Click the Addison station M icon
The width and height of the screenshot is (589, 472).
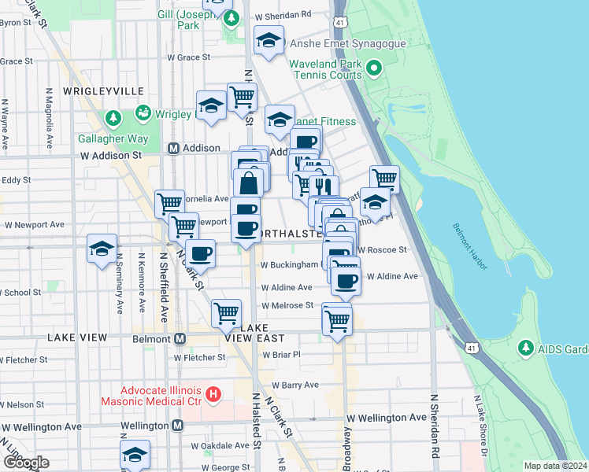pos(174,148)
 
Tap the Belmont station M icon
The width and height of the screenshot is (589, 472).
pos(180,339)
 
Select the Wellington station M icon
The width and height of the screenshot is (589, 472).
pos(178,426)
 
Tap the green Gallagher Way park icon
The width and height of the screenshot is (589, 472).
pos(113,119)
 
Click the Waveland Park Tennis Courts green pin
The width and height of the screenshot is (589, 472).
pos(373,69)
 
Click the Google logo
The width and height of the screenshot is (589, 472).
pos(26,463)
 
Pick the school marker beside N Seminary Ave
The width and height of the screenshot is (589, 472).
pos(102,249)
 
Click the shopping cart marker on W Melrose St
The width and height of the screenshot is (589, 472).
pos(227,313)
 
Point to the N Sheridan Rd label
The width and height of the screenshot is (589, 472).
pos(434,425)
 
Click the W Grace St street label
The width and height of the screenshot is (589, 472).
pos(188,57)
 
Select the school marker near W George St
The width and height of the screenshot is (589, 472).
pos(135,455)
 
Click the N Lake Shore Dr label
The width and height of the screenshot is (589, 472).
pos(479,425)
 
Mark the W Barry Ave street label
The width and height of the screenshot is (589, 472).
pos(295,385)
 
